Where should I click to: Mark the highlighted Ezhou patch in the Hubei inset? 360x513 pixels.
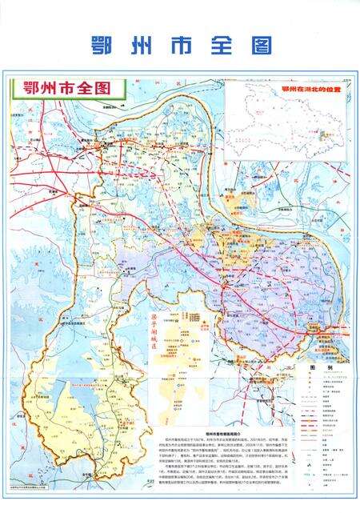click(x=325, y=137)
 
